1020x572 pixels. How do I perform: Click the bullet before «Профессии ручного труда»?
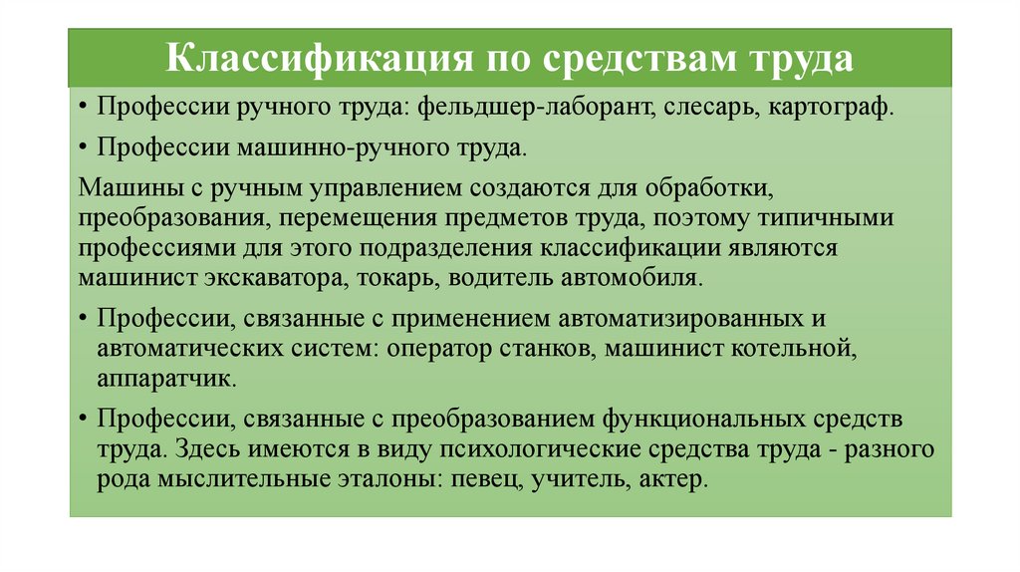click(x=83, y=108)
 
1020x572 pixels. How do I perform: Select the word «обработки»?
click(x=748, y=188)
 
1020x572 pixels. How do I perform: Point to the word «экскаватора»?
click(x=262, y=276)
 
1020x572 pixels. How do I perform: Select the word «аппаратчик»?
click(x=166, y=380)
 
